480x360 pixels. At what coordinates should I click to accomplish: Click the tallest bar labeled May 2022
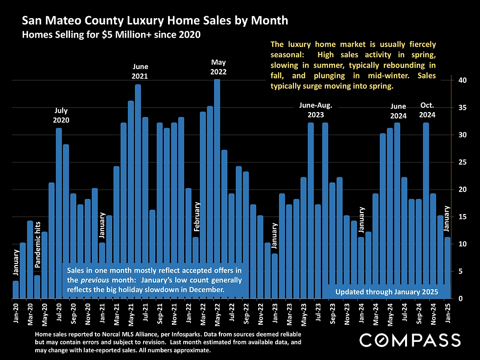tap(217, 189)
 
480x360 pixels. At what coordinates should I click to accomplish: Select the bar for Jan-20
tap(16, 289)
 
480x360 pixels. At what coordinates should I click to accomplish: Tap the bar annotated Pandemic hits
tap(37, 287)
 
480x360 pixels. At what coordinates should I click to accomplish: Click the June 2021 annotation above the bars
tap(141, 72)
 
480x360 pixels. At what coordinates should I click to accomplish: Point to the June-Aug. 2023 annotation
tap(315, 110)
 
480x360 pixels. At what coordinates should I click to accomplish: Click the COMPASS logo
tap(410, 340)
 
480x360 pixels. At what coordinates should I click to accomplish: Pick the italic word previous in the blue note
tap(93, 280)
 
